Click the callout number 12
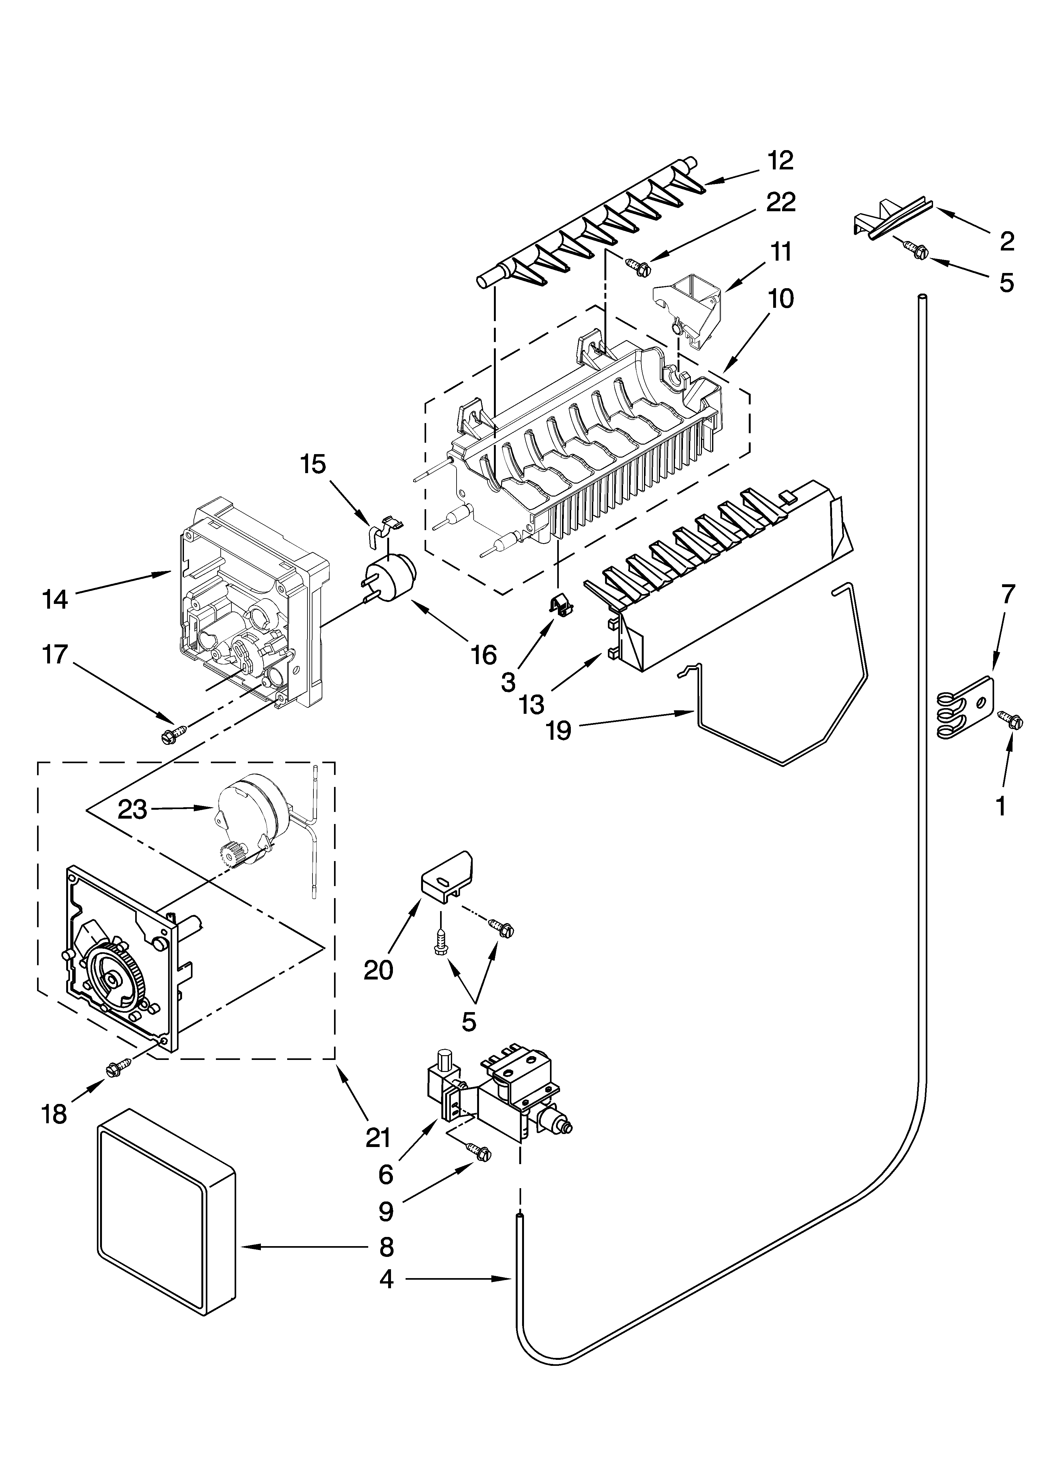tap(780, 161)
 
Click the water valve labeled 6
tap(497, 1091)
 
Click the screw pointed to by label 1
tap(1012, 720)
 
